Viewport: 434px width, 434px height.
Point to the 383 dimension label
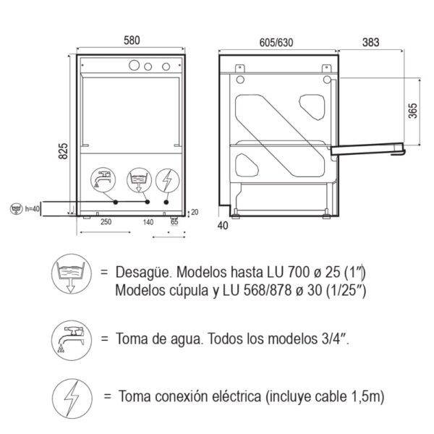pyautogui.click(x=370, y=41)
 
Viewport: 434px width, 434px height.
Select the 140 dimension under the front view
pyautogui.click(x=149, y=223)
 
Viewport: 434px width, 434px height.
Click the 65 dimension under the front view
pyautogui.click(x=174, y=223)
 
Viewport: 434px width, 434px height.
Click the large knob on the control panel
pyautogui.click(x=134, y=67)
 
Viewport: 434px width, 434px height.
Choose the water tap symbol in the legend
pyautogui.click(x=70, y=338)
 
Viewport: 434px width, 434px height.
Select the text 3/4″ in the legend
pyautogui.click(x=333, y=338)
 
